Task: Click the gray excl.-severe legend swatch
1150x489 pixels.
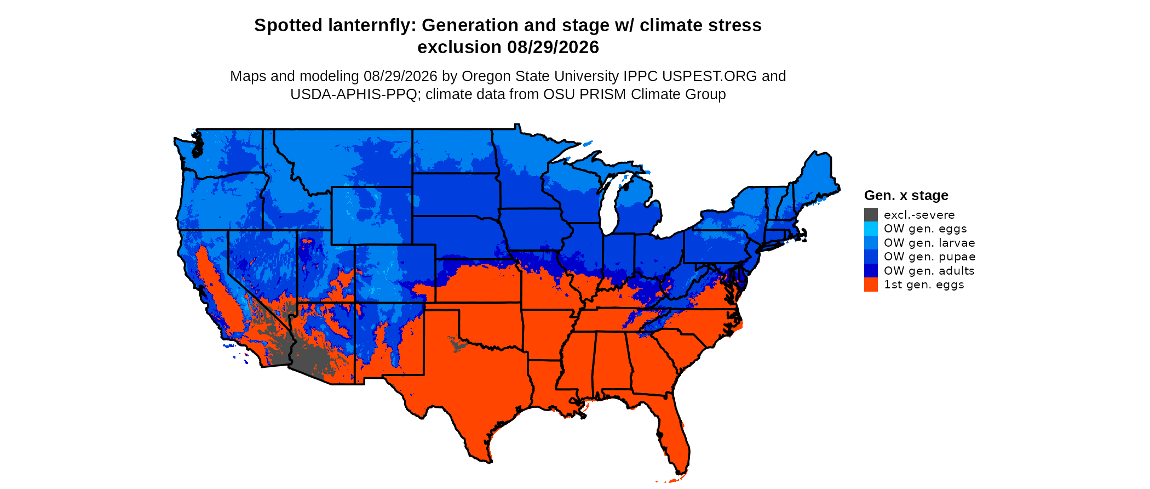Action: (871, 214)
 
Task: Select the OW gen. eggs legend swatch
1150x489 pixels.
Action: (871, 229)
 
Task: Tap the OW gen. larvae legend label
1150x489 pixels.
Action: (929, 243)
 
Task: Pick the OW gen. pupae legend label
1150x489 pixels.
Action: (929, 257)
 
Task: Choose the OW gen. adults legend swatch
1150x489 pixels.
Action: (871, 270)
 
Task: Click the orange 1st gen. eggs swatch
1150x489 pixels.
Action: (871, 285)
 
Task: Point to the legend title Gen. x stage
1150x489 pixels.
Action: (906, 195)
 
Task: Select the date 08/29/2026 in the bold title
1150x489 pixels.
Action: (553, 47)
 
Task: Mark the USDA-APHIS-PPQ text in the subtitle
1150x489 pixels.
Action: (354, 94)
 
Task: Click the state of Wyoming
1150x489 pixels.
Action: (372, 215)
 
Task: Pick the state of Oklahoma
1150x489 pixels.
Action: (482, 323)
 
